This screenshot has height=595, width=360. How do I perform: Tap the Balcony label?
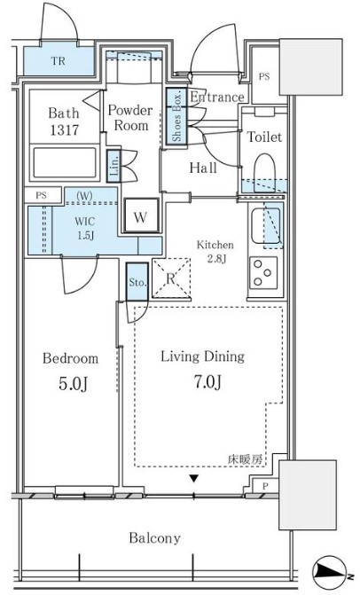154,538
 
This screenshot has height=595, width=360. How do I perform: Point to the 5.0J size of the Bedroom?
74,384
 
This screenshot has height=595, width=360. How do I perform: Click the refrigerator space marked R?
171,278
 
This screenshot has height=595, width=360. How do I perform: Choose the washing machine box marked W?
141,215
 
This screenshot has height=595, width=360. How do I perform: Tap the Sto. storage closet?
137,282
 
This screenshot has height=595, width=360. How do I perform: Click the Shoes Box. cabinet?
176,116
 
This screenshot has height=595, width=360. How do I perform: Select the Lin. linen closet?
113,166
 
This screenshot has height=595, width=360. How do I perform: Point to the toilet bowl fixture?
264,169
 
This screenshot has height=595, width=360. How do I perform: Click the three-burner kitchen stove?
263,273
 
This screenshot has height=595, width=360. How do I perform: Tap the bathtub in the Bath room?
65,162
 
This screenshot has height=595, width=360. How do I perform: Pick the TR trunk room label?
58,60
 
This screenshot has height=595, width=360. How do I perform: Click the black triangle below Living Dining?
194,479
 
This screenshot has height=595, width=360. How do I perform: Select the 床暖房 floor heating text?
245,459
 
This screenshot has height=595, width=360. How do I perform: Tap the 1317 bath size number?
65,130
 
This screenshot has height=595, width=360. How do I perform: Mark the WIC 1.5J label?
85,229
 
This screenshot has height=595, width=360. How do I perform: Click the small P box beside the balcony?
265,486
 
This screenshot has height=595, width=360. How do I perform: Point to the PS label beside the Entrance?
264,76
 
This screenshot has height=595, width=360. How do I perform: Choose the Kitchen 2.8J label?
215,252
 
